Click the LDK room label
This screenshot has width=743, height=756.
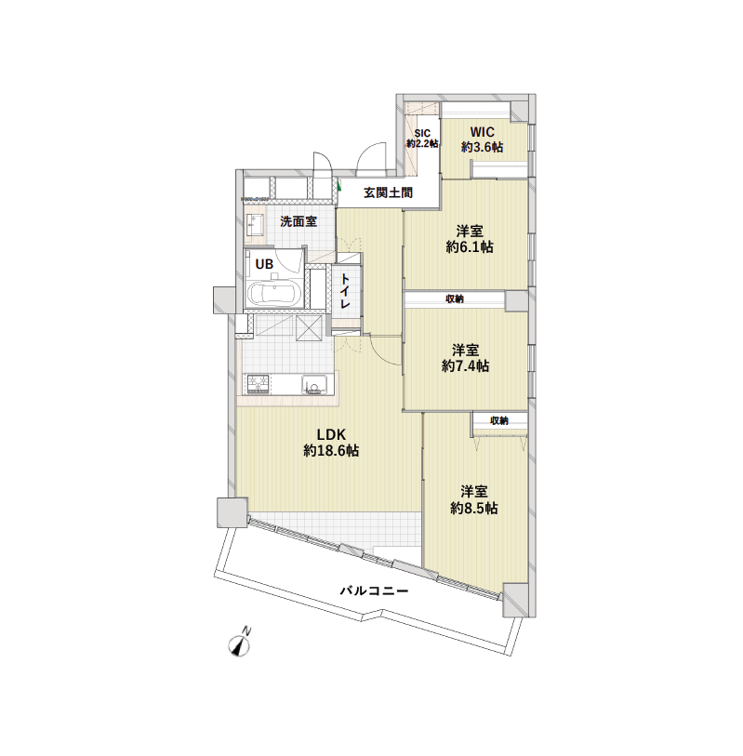[331, 433]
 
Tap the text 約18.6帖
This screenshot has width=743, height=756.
[331, 451]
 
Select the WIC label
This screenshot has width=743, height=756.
[482, 131]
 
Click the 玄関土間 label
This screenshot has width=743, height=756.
[388, 194]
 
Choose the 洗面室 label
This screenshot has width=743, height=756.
[299, 221]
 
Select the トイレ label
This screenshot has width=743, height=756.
[345, 292]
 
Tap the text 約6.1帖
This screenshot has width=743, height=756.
[470, 247]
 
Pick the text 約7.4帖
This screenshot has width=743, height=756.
[466, 366]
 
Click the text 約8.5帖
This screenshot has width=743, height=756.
[474, 509]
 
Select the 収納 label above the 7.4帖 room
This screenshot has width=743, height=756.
[455, 298]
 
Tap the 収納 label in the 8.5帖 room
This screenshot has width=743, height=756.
[499, 420]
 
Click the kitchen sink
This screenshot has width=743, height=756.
[313, 385]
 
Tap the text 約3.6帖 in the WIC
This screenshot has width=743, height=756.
[482, 147]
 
